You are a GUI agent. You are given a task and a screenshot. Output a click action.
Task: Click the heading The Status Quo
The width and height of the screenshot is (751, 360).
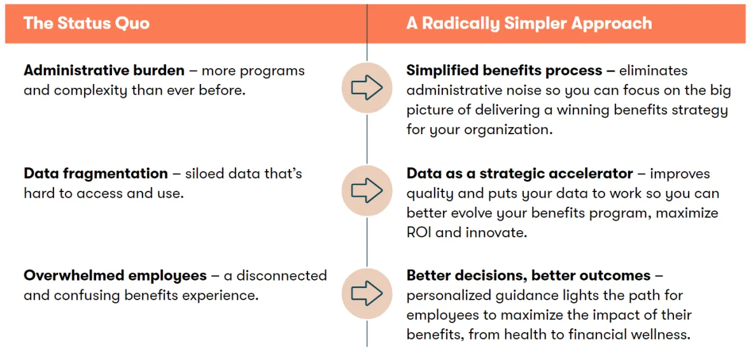[87, 23]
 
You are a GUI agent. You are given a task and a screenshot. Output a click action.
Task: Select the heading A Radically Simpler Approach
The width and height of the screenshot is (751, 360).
[529, 24]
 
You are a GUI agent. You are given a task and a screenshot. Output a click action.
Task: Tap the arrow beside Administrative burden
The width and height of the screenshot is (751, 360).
[367, 87]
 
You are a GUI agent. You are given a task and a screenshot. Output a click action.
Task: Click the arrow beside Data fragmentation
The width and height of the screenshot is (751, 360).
[367, 190]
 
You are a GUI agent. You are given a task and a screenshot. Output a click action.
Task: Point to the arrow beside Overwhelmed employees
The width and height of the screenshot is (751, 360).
[367, 293]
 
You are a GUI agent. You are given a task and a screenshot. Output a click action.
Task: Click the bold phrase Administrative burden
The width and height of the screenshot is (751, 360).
[104, 71]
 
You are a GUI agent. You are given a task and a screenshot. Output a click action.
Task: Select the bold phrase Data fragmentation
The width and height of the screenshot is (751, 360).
[96, 173]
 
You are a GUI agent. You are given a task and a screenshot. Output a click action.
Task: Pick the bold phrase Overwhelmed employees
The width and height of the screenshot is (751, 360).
[115, 276]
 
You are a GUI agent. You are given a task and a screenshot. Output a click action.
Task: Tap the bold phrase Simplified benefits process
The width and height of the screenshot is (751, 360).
[504, 71]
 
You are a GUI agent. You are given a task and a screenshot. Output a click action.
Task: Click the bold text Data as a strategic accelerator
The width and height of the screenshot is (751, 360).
[520, 173]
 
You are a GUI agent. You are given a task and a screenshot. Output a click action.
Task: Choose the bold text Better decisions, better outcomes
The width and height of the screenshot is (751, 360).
[529, 276]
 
